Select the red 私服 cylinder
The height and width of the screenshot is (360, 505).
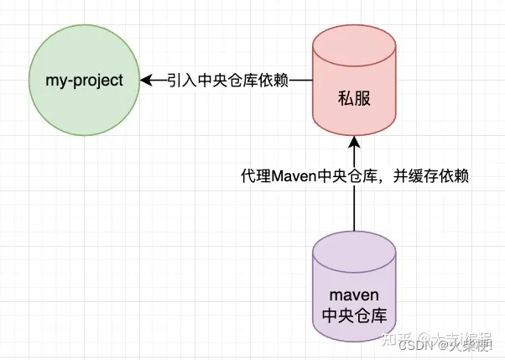(353, 92)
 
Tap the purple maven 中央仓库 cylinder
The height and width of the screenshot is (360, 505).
(353, 294)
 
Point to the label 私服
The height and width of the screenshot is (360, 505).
(353, 98)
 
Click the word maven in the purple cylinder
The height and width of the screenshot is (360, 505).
(353, 295)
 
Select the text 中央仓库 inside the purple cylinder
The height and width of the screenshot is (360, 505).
(353, 316)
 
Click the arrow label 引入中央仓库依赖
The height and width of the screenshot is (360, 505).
(227, 81)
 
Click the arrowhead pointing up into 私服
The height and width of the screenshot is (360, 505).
(353, 142)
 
